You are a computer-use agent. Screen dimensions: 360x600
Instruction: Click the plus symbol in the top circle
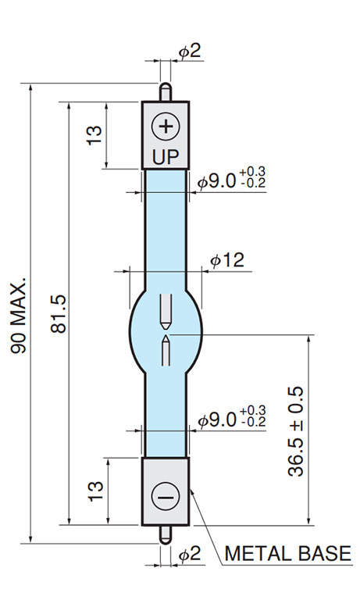166,126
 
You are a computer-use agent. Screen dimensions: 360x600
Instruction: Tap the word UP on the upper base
166,156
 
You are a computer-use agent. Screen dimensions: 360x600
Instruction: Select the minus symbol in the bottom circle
166,497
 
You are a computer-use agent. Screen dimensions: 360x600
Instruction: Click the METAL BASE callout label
287,553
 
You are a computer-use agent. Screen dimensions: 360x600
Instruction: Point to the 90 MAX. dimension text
19,316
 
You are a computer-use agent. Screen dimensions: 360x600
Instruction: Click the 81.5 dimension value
59,313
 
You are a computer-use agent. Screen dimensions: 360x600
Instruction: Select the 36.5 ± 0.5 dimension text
295,431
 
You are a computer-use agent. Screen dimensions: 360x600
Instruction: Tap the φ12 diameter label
227,260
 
